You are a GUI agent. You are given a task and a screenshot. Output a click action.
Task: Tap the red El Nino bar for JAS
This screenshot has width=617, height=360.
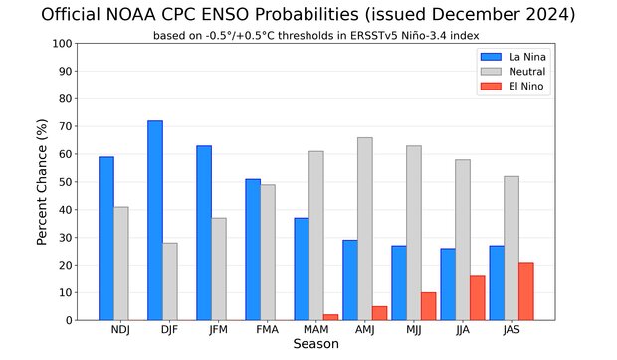coord(525,291)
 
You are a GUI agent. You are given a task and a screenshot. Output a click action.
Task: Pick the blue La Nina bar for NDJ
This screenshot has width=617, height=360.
coord(106,239)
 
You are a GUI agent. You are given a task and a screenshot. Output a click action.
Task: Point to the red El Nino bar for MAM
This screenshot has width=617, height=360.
coord(331,317)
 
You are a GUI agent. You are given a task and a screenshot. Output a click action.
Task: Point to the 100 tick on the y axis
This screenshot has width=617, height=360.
coord(62,44)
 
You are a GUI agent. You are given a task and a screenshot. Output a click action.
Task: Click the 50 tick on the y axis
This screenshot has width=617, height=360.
coord(65,182)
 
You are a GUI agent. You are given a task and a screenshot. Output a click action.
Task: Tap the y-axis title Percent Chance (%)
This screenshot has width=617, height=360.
coord(43,182)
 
